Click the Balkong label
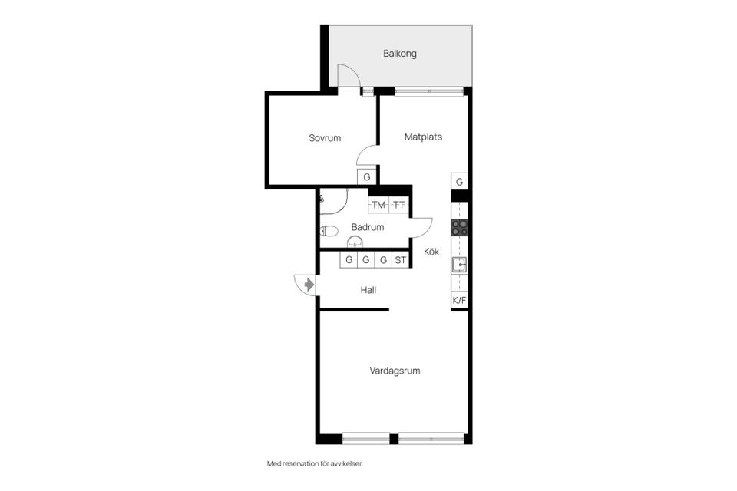point(399,54)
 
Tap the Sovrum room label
point(325,138)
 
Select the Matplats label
point(423,137)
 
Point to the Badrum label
point(368,227)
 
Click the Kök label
point(431,252)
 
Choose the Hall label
point(368,290)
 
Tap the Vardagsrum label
point(395,371)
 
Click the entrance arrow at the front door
point(309,285)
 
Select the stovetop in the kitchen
point(460,227)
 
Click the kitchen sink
point(460,265)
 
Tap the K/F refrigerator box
point(459,300)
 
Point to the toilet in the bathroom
point(329,231)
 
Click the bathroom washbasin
point(355,242)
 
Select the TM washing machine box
point(378,206)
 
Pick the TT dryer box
point(399,206)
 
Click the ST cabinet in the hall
point(401,260)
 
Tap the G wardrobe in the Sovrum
point(367,177)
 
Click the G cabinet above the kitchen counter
point(459,181)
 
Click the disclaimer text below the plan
point(315,463)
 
